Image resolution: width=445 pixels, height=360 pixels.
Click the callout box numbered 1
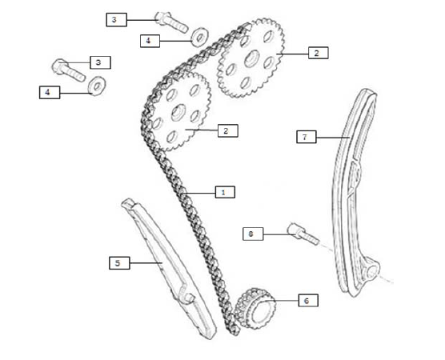[225, 192]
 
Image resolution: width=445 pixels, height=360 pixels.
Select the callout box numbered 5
[119, 263]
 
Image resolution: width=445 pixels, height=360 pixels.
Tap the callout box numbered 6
[308, 300]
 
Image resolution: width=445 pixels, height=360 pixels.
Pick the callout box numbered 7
[307, 137]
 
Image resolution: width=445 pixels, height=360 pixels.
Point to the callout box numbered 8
[253, 234]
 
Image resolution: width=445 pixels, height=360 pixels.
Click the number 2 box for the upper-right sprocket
[319, 53]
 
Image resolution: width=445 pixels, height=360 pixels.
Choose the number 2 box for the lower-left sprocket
[228, 130]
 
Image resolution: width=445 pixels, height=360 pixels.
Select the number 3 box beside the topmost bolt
[116, 19]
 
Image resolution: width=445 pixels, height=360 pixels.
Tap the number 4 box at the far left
[50, 92]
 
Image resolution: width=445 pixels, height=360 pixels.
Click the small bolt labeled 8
[303, 235]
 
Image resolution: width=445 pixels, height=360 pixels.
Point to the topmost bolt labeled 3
[171, 22]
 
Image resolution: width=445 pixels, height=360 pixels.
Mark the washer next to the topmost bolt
[200, 37]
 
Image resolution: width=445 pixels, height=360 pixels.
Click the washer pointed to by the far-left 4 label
[97, 86]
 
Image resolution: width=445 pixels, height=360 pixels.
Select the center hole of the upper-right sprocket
[252, 58]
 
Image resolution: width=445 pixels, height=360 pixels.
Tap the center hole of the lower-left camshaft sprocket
[178, 112]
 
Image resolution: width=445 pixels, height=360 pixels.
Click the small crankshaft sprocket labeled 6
[255, 308]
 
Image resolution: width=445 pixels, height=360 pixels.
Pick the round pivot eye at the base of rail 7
[372, 271]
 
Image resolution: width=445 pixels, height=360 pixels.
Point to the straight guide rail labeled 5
[169, 268]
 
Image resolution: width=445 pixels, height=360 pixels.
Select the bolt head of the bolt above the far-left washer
[60, 66]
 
